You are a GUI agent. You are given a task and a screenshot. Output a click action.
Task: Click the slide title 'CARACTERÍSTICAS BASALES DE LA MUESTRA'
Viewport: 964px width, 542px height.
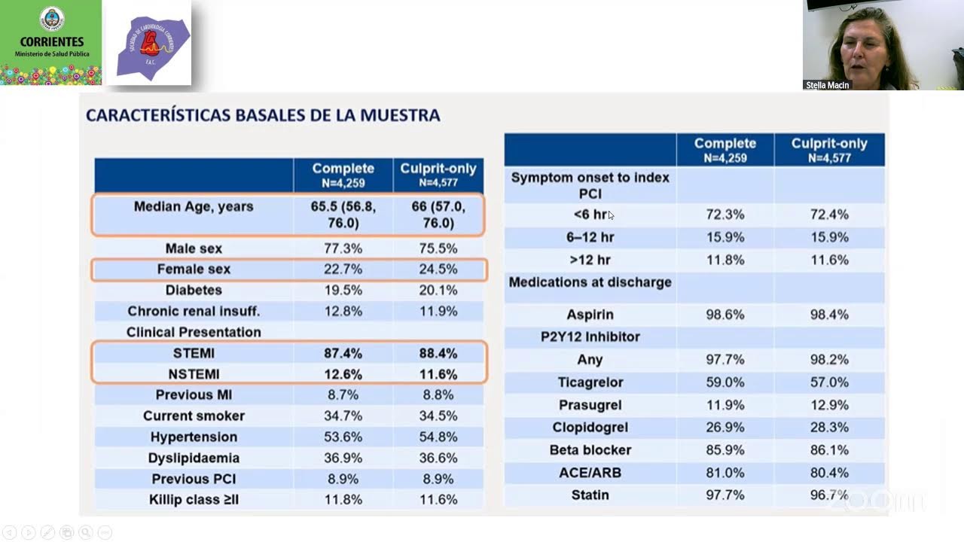point(263,115)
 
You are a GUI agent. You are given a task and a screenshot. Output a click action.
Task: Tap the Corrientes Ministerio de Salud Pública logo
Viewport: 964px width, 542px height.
point(51,42)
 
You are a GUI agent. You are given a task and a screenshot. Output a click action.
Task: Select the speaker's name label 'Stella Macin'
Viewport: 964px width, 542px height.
point(827,85)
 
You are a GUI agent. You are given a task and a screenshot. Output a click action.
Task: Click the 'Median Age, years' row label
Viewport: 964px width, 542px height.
point(194,206)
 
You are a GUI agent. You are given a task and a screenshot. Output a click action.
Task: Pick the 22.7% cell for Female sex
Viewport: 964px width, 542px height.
point(343,269)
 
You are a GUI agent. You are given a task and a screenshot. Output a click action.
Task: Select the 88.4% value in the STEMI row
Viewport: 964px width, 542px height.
point(438,353)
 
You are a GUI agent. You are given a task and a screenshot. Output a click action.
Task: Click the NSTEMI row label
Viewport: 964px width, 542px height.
point(194,374)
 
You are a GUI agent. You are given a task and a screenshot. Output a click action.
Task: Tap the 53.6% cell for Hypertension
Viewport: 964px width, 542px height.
point(343,437)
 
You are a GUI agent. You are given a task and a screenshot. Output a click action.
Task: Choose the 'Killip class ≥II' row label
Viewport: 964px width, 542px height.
point(194,499)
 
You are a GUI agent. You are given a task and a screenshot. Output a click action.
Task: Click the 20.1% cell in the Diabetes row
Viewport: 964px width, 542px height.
point(438,290)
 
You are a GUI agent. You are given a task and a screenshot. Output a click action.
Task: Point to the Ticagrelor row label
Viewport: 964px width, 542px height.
point(590,382)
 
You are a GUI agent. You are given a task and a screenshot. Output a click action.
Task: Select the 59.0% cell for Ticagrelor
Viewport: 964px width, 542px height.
point(725,382)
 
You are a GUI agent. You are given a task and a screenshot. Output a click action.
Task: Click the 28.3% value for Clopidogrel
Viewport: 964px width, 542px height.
point(829,428)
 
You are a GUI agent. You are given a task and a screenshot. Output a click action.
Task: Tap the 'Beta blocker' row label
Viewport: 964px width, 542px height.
point(590,450)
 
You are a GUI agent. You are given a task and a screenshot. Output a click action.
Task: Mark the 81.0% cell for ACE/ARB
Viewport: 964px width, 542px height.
point(725,473)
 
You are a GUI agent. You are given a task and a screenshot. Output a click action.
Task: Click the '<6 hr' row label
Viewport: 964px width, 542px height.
point(590,215)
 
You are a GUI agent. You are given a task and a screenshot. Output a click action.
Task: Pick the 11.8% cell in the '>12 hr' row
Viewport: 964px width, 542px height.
point(725,260)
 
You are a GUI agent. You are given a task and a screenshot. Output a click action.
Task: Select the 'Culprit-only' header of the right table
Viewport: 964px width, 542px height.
point(829,149)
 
